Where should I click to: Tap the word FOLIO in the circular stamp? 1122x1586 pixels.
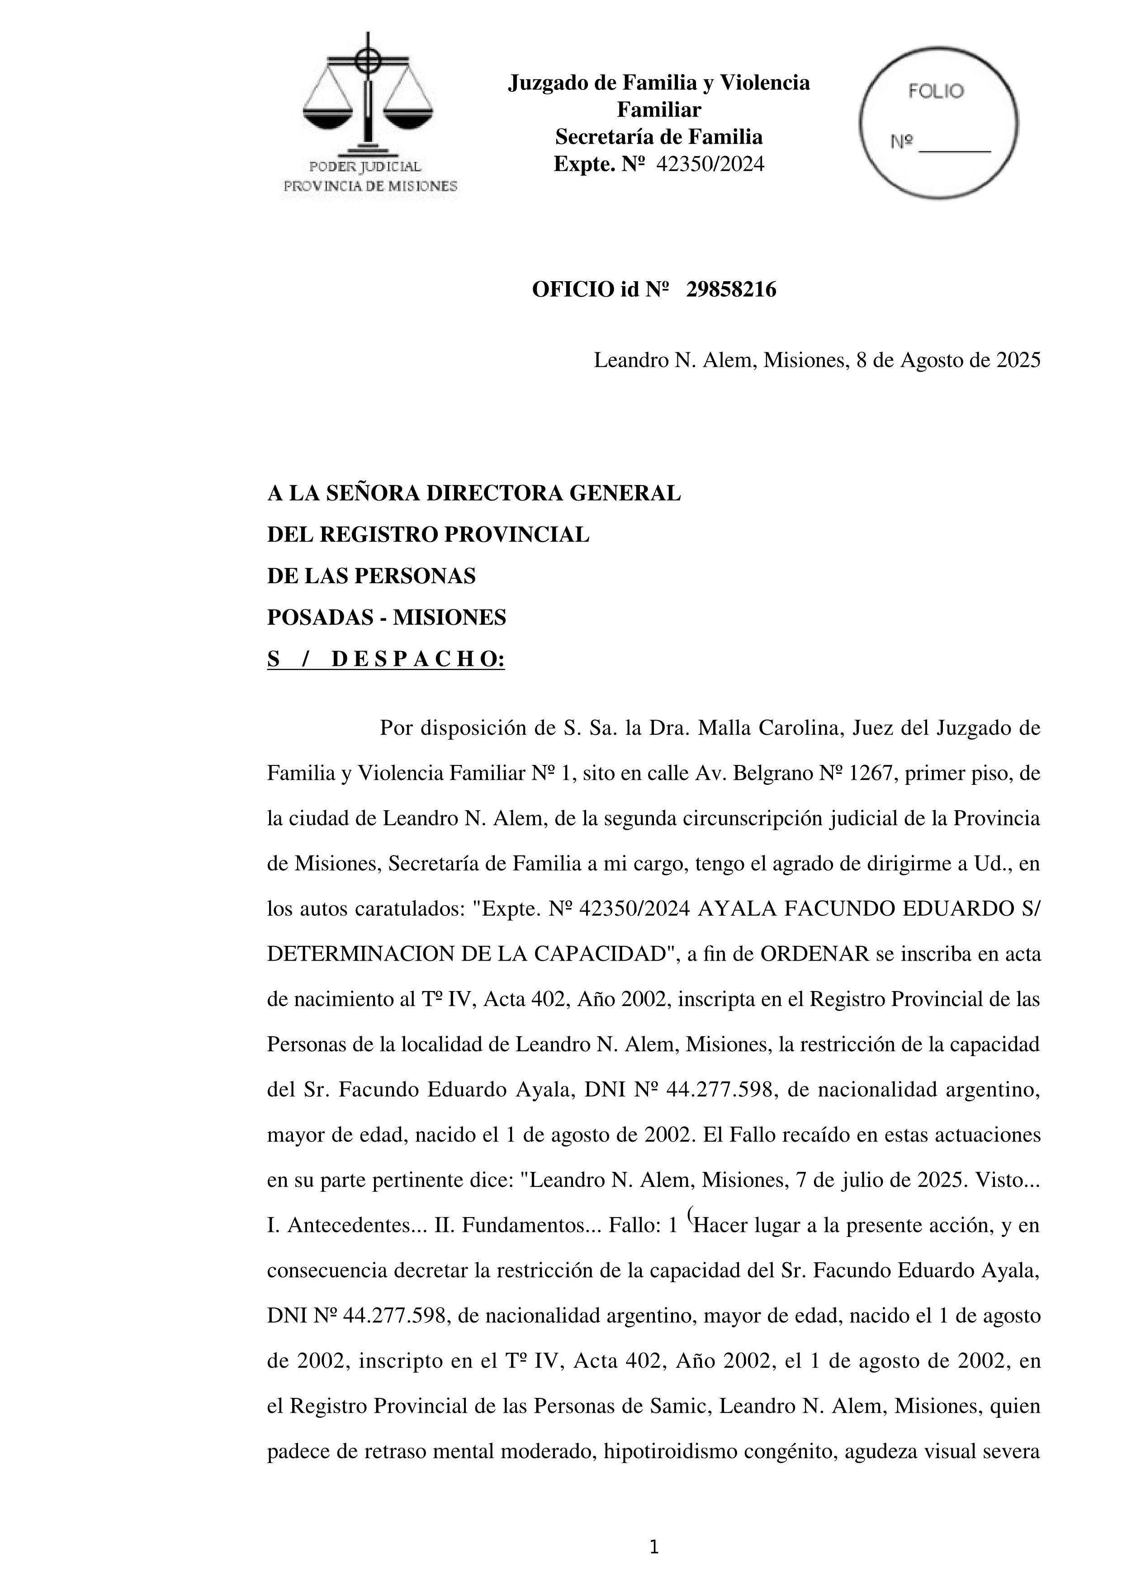tap(936, 91)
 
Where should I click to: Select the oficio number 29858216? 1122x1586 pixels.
tap(731, 289)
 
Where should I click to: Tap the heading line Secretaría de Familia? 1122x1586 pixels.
tap(658, 137)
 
